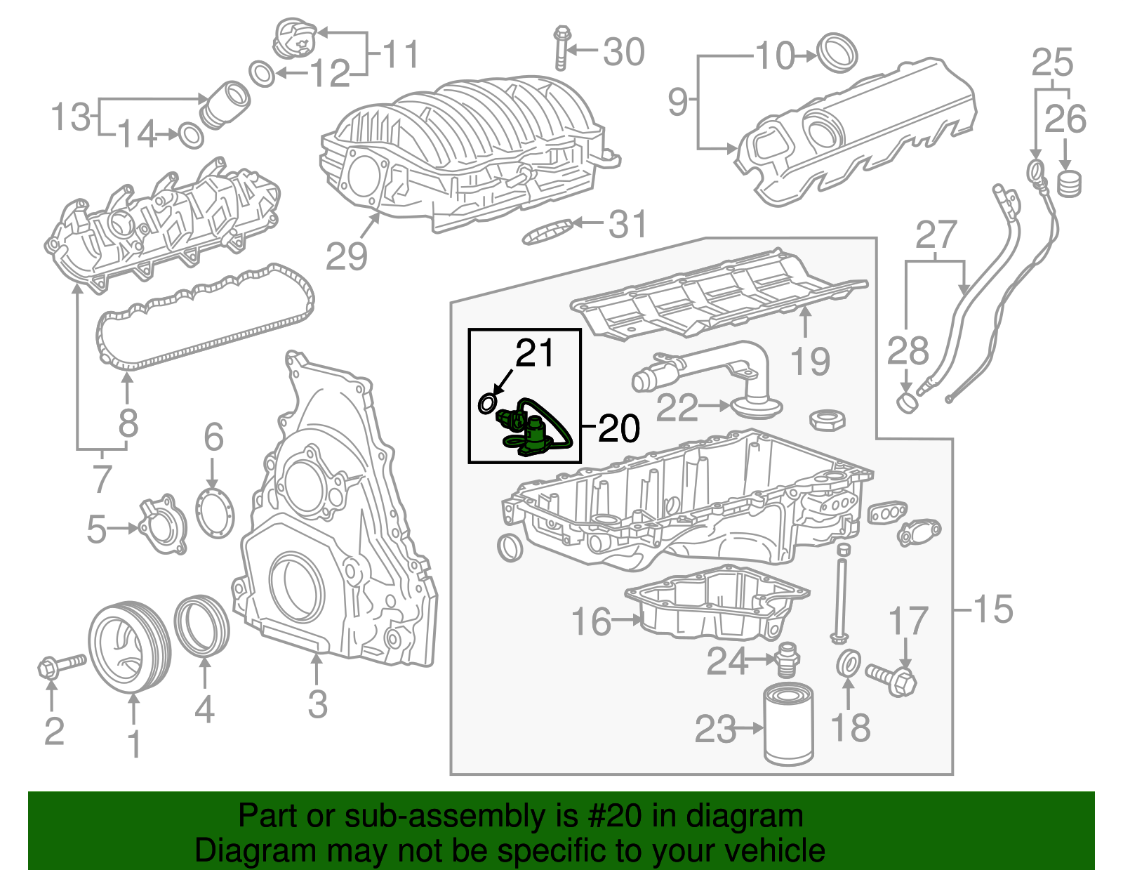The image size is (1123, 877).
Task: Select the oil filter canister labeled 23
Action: coord(789,726)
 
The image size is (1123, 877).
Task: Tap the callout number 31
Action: coord(627,224)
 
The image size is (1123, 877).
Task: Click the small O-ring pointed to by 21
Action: coord(487,404)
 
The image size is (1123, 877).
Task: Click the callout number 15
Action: coord(993,609)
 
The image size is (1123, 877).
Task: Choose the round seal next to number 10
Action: coord(839,51)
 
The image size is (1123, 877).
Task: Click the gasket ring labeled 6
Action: coord(215,514)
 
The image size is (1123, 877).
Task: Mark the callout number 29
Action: coord(347,256)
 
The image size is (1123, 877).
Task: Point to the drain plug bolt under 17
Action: coord(893,678)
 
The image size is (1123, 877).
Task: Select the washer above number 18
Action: coord(849,664)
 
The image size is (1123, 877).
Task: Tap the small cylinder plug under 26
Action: coord(1069,184)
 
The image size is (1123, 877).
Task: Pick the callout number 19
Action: coord(810,362)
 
